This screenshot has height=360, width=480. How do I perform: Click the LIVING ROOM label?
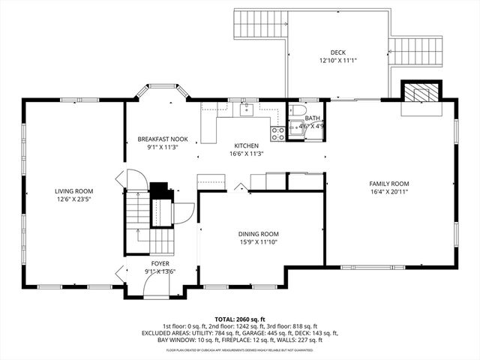click(x=73, y=191)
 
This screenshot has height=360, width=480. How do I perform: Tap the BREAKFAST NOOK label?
click(x=162, y=139)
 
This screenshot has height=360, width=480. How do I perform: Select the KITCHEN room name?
click(x=246, y=145)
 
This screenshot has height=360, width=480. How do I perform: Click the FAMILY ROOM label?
click(x=388, y=183)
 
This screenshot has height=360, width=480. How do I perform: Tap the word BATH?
click(x=312, y=118)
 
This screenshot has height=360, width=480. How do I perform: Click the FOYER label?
click(x=160, y=264)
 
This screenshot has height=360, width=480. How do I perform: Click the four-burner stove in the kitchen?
click(x=277, y=133)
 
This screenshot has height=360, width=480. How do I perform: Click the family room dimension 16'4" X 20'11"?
click(x=388, y=191)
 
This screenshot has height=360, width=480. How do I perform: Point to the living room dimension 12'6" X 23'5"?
click(x=73, y=199)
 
